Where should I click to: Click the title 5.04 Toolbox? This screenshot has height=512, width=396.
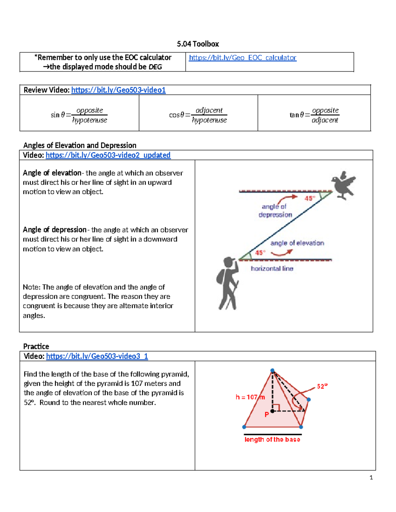pyautogui.click(x=198, y=44)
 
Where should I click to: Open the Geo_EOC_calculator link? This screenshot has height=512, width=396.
pyautogui.click(x=243, y=58)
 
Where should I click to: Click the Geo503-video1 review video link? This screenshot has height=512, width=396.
pyautogui.click(x=118, y=90)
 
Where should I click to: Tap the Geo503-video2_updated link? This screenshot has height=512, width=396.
pyautogui.click(x=108, y=155)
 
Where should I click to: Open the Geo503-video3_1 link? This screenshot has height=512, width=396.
pyautogui.click(x=97, y=356)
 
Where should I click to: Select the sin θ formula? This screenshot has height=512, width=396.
pyautogui.click(x=79, y=115)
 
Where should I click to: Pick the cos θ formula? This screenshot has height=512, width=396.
pyautogui.click(x=198, y=115)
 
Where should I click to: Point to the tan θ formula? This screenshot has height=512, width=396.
pyautogui.click(x=314, y=115)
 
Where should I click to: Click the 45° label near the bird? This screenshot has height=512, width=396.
pyautogui.click(x=310, y=198)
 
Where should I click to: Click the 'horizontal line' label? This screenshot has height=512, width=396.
pyautogui.click(x=272, y=269)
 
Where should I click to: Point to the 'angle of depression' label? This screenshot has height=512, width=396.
pyautogui.click(x=275, y=211)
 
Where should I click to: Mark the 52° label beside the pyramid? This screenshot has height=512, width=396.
pyautogui.click(x=322, y=386)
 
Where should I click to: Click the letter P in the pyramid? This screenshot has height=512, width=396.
pyautogui.click(x=267, y=415)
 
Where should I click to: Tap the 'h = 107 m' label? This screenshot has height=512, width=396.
pyautogui.click(x=250, y=397)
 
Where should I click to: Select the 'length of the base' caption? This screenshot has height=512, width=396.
pyautogui.click(x=272, y=439)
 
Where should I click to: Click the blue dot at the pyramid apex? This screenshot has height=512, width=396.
pyautogui.click(x=272, y=371)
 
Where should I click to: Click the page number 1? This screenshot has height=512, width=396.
pyautogui.click(x=371, y=477)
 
